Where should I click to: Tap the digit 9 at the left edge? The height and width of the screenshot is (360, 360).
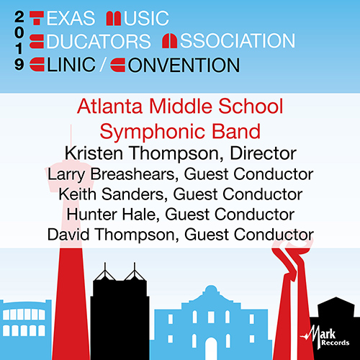16,65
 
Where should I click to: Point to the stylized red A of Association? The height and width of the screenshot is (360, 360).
172,41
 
